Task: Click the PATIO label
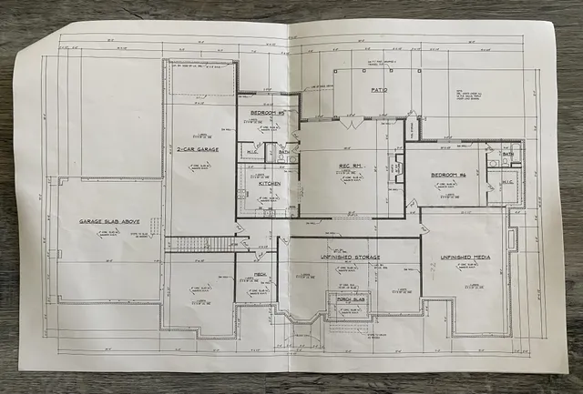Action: click(x=380, y=91)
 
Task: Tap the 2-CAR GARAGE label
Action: click(x=196, y=149)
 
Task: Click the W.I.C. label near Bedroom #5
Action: click(x=251, y=152)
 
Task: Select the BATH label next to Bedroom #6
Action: click(x=507, y=155)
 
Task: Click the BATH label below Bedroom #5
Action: click(x=283, y=152)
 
